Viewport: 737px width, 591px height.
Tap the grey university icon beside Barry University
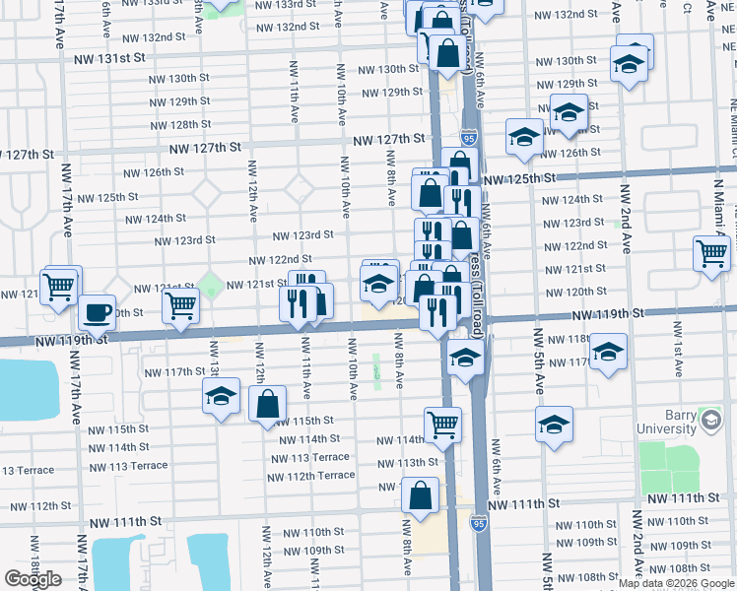tap(709, 422)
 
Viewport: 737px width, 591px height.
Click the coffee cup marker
tap(97, 312)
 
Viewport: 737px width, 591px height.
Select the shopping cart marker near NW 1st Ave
tap(711, 253)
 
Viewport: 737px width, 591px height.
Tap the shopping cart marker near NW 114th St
tap(443, 425)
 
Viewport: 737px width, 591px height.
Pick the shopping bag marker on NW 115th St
tap(267, 404)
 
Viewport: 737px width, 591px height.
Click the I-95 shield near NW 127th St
tap(468, 141)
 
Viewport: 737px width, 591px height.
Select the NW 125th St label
tap(520, 178)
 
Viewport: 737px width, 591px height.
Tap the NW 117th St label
tap(172, 372)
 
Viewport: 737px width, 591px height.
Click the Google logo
tap(33, 579)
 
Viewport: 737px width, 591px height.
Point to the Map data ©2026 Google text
tap(676, 583)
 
